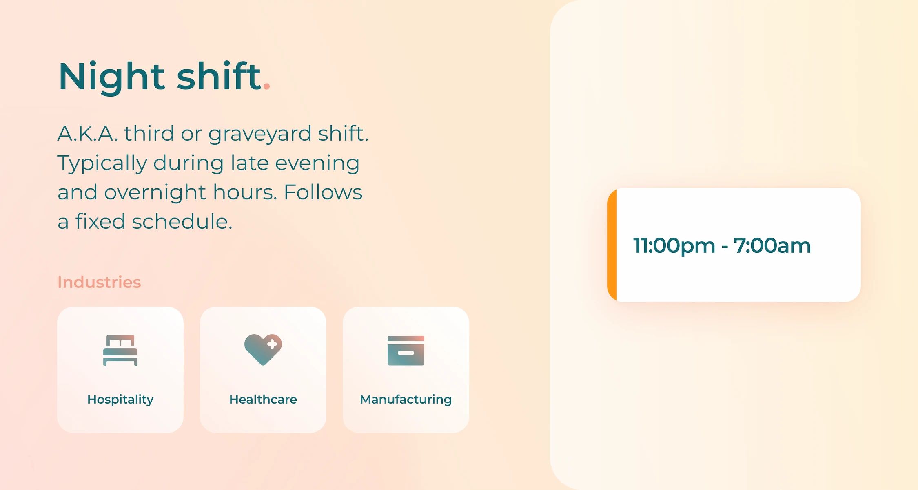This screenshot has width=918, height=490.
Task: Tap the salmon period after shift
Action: coord(266,86)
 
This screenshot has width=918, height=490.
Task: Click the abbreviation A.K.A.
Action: coord(87,133)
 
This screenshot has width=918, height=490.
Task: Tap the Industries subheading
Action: coord(99,282)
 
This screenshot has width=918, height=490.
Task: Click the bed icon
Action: coord(120,350)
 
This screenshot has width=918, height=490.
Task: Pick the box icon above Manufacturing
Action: coord(406,351)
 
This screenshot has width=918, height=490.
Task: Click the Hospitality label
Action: coord(120,399)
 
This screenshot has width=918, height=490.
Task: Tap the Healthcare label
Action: coord(263,399)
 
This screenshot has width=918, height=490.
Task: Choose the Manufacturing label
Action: coord(406,399)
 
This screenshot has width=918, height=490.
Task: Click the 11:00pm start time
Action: coord(674,245)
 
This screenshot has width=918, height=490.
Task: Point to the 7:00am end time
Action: coord(772,245)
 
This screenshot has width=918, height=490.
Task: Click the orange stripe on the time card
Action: coord(612,245)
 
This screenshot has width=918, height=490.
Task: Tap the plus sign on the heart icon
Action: coord(272,344)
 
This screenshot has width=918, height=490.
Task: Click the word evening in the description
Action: coord(317,163)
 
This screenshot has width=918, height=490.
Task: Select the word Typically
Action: coord(102,163)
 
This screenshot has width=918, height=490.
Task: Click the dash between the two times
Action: coord(725,246)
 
